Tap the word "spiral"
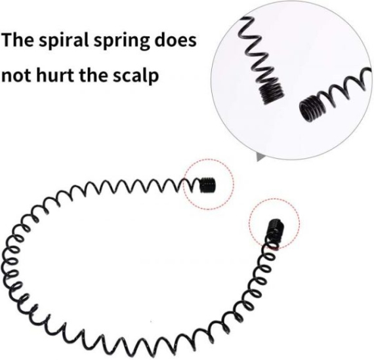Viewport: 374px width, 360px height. [64, 41]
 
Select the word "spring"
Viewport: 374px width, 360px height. [121, 41]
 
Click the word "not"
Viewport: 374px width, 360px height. [16, 75]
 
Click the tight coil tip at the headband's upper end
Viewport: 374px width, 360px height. [207, 185]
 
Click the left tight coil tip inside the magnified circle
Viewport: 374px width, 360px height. [272, 91]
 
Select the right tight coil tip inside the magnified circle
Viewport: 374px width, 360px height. [310, 108]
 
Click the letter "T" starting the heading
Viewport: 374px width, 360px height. [7, 40]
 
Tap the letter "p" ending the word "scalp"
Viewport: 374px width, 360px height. [154, 78]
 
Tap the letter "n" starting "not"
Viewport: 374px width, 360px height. [6, 77]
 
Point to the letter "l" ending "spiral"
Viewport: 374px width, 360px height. [87, 39]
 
